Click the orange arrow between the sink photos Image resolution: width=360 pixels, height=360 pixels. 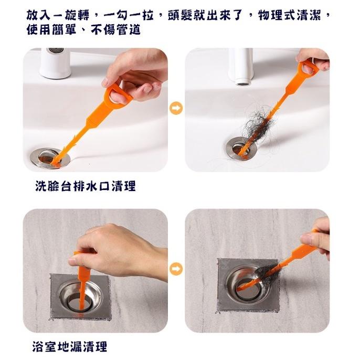[176, 109]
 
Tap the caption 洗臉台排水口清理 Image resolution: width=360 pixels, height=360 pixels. [86, 186]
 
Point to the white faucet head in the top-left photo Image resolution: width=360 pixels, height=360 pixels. [55, 62]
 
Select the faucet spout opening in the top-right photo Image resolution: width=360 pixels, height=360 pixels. [242, 81]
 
